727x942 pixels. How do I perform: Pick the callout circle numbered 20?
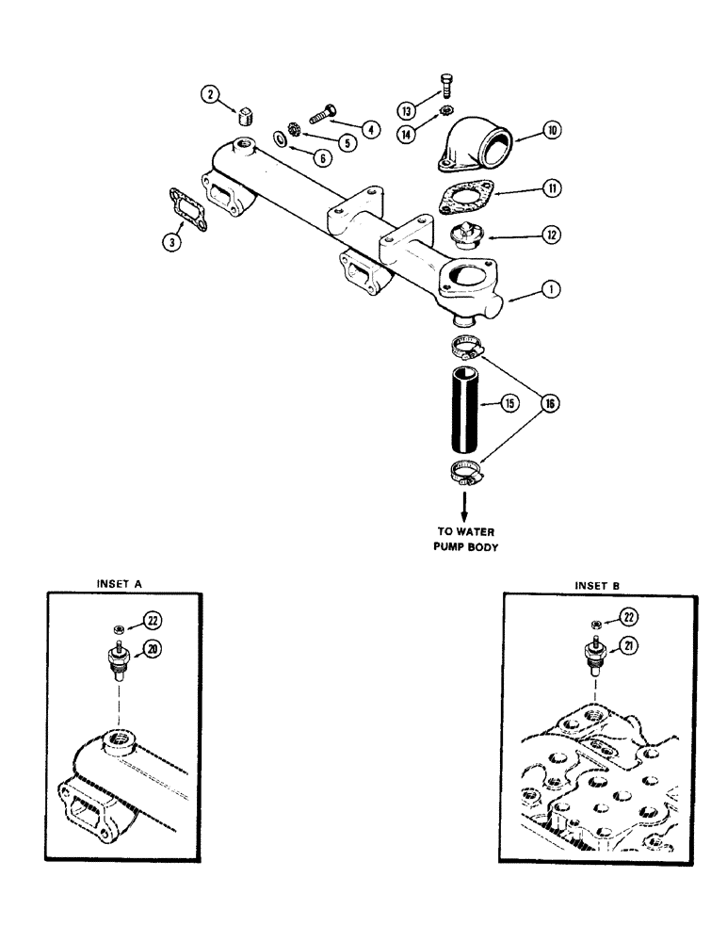coord(152,646)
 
